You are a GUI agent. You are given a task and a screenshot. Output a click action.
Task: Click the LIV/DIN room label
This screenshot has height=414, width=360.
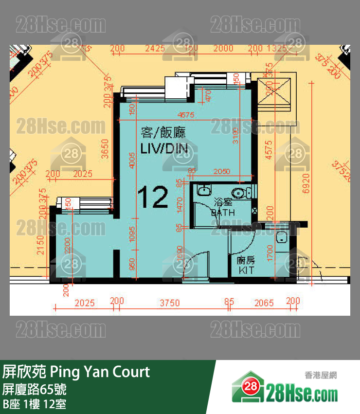[x=164, y=149]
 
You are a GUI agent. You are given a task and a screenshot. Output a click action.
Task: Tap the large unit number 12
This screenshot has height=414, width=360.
[x=153, y=197]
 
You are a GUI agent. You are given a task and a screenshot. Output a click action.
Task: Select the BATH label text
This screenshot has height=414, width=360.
[x=223, y=213]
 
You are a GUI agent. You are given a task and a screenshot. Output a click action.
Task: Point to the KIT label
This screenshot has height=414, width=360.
[x=246, y=270]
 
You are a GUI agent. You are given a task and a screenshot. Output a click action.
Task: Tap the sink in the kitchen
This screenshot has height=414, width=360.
[x=280, y=238]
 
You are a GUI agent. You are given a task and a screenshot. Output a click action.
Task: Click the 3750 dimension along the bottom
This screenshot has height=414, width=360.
[x=169, y=303]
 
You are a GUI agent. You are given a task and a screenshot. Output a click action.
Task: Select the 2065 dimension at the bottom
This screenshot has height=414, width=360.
[x=264, y=303]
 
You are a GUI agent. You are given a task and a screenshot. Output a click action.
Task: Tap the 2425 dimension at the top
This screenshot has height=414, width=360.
[x=155, y=48]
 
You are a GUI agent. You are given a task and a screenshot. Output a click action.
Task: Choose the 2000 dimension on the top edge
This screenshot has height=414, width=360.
[x=223, y=48]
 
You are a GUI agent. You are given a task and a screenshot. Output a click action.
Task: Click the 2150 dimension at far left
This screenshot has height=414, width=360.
[x=41, y=245]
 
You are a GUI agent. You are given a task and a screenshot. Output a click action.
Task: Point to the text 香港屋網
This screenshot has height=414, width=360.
[x=321, y=375]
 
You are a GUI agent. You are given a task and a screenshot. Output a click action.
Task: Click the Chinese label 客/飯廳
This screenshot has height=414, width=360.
[x=163, y=132]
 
